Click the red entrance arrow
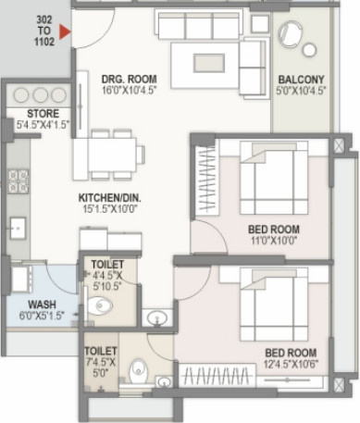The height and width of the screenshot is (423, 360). point(64,35)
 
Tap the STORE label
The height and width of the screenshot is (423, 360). point(31,115)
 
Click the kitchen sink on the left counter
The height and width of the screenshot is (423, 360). point(16,225)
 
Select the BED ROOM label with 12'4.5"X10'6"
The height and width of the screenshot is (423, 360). point(291,353)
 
